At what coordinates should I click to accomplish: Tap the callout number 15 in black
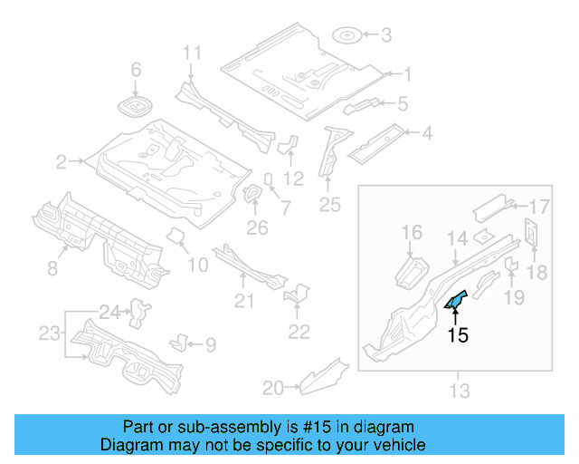click(459, 335)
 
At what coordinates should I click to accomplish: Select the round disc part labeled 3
click(348, 36)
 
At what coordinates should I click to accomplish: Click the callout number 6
click(137, 70)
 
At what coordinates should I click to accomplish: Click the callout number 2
click(62, 162)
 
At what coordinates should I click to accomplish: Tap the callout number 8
click(52, 268)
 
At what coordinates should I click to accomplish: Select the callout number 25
click(329, 206)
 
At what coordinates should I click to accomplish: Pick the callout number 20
click(271, 389)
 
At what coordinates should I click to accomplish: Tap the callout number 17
click(539, 205)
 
